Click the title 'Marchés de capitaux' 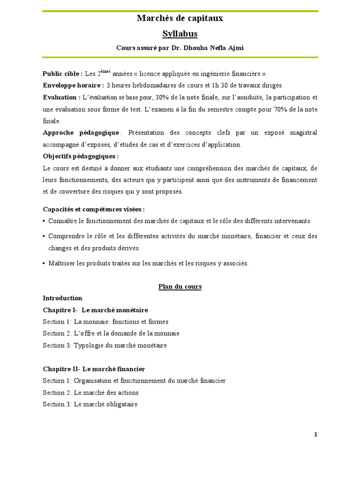coord(180,19)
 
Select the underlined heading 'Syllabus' coord(180,34)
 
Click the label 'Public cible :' coord(62,74)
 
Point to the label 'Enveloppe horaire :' coord(73,85)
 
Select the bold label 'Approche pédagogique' coord(81,133)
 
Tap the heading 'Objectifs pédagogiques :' coord(81,156)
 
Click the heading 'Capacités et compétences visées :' coord(94,209)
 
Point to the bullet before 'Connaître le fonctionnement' coord(44,221)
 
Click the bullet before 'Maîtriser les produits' coord(44,263)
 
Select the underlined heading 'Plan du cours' coord(180,287)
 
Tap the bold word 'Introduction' coord(62,298)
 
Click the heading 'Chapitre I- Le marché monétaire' coord(95,310)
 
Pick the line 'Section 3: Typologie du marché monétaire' coord(105,345)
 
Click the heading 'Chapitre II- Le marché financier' coord(94,369)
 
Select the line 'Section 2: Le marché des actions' coord(90,393)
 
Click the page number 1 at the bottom coord(316,435)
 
